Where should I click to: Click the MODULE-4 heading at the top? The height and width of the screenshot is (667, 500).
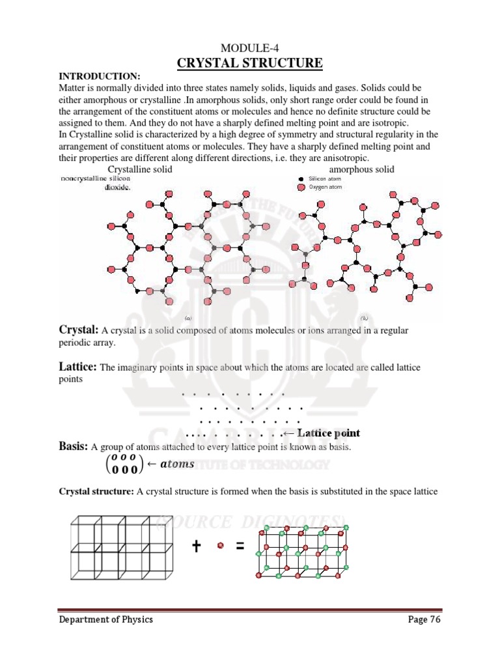click(249, 48)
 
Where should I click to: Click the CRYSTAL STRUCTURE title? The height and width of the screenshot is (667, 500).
click(250, 63)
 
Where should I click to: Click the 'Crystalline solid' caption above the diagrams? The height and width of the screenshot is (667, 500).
click(140, 169)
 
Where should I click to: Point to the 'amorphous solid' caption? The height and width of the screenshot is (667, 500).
click(362, 169)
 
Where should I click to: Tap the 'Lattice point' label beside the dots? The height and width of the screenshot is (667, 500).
click(324, 433)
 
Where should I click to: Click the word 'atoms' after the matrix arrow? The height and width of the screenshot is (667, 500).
click(178, 464)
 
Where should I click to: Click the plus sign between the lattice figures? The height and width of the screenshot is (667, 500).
click(195, 548)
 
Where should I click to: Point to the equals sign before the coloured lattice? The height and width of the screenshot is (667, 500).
click(240, 548)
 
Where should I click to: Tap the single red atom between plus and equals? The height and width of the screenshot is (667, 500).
click(219, 547)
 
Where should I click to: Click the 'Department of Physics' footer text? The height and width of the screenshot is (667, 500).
click(106, 619)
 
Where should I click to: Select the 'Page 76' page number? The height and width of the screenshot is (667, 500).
click(424, 619)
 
